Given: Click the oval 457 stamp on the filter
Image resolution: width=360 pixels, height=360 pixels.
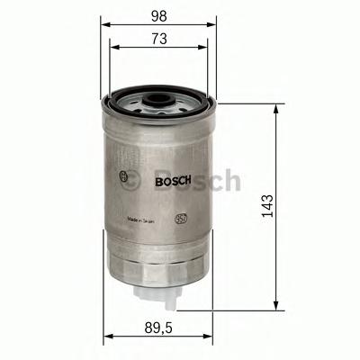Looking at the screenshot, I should coord(180,217).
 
